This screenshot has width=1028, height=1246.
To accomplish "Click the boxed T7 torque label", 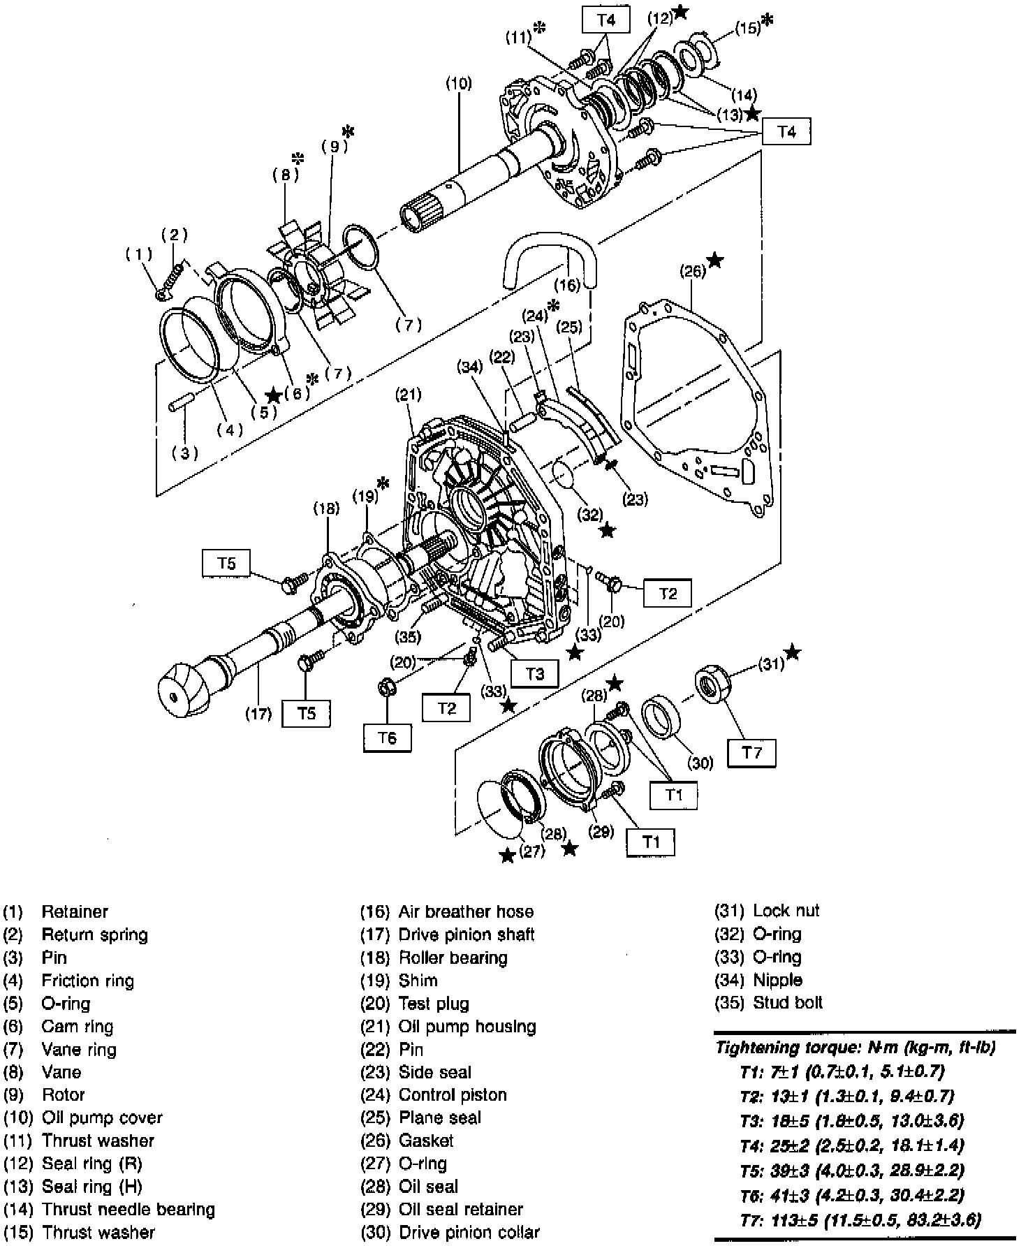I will (751, 752).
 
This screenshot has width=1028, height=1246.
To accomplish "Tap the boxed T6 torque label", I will (387, 737).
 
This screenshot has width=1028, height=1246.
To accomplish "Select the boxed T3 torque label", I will (534, 673).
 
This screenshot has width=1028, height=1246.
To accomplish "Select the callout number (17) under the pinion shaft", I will (258, 713).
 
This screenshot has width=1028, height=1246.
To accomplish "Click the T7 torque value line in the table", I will (860, 1220).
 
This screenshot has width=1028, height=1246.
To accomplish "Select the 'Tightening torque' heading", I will (856, 1048).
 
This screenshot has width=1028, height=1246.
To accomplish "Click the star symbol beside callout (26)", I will (715, 261).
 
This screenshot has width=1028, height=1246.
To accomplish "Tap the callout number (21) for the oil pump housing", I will (409, 394).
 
